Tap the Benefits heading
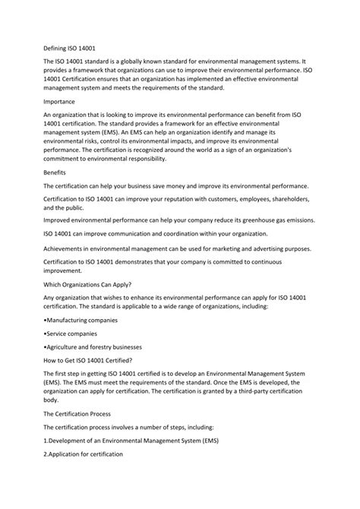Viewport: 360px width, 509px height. (55, 172)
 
